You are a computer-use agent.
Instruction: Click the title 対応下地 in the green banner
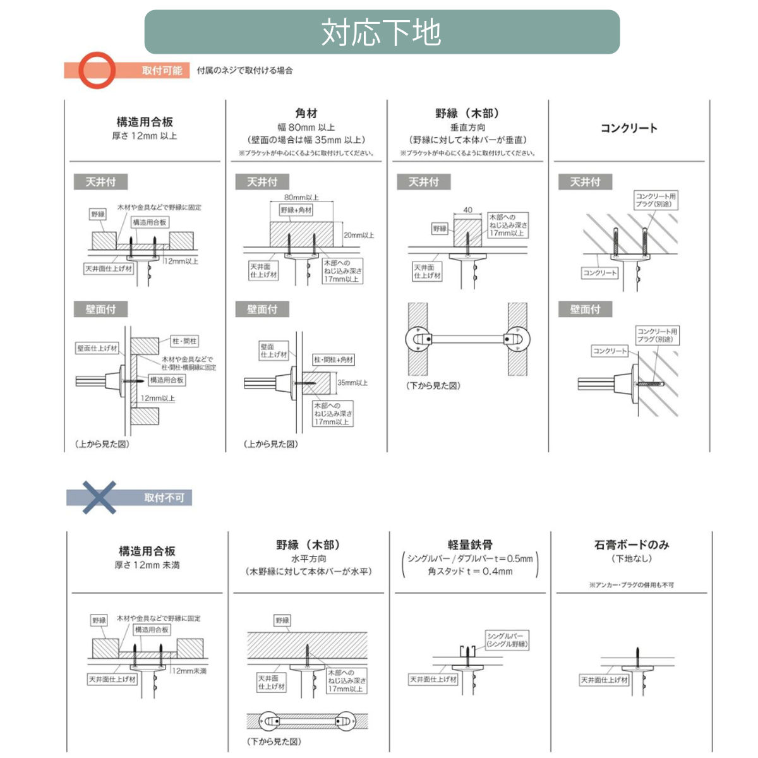point(381,32)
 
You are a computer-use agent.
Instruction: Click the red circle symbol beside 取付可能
point(97,70)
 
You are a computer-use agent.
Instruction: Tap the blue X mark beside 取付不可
point(99,497)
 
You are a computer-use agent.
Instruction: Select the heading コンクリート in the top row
point(629,128)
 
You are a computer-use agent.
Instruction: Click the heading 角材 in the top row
point(306,114)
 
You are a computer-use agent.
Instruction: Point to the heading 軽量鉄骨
point(470,544)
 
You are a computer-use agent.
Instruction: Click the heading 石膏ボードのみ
point(632,544)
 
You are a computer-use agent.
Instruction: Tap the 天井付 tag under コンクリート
point(585,182)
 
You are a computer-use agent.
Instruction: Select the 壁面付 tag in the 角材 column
point(262,310)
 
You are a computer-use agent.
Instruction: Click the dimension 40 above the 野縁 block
point(467,210)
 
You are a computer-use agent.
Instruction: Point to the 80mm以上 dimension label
point(301,198)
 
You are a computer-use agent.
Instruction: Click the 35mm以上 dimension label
point(352,383)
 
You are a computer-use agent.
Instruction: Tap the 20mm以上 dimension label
point(358,235)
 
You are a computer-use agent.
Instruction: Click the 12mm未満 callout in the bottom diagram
point(189,671)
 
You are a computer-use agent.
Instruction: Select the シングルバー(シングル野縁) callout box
point(507,640)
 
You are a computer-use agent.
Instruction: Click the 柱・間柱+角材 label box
point(334,360)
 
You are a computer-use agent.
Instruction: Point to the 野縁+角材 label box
point(296,210)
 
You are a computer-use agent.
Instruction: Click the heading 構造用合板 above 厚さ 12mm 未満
point(147,551)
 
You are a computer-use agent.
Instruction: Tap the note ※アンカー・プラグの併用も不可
point(631,585)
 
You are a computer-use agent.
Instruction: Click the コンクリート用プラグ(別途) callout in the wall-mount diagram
point(657,335)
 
